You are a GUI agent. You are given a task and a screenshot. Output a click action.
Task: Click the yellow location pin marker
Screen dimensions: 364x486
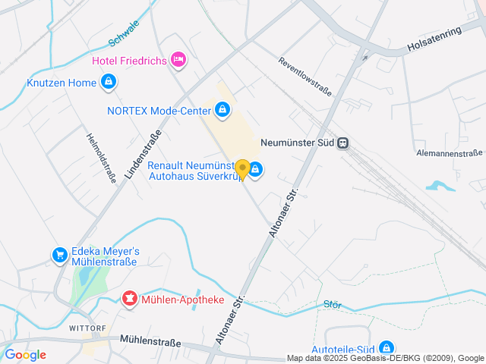coord(242,169)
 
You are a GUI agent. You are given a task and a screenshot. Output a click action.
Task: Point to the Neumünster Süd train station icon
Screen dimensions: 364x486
coord(344,142)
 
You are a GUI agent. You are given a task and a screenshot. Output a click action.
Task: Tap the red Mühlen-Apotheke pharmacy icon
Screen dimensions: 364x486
coord(130,300)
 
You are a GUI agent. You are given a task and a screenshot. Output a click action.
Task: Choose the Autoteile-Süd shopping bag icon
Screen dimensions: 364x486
coord(386,347)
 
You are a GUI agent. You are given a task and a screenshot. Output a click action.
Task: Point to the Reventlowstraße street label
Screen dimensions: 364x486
coord(305,77)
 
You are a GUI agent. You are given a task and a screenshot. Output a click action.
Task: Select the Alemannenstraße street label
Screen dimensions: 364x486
coord(450,153)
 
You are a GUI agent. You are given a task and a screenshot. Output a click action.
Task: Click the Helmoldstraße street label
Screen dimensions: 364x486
coord(101,158)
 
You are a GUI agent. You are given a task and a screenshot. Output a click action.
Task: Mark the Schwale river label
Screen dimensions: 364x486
coord(123,33)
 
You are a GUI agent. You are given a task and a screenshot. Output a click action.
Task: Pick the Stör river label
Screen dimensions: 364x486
coord(332,304)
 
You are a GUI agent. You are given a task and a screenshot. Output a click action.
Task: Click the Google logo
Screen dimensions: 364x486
coord(25,355)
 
